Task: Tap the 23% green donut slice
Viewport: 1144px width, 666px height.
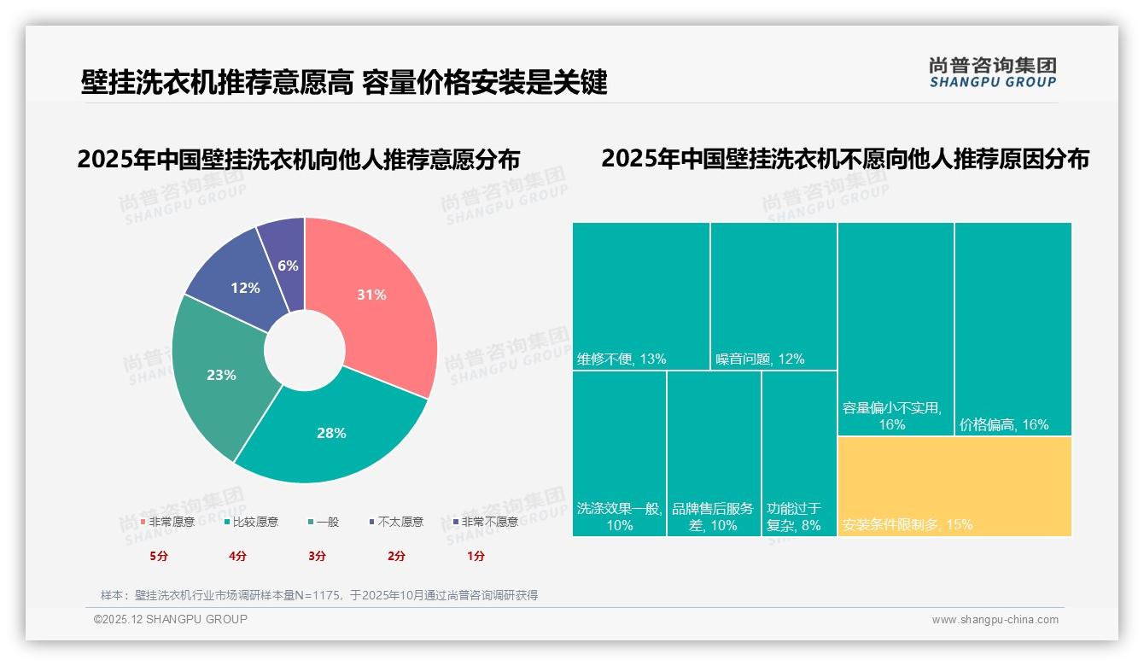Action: [x=221, y=375]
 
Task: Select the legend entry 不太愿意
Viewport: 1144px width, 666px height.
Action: [x=400, y=522]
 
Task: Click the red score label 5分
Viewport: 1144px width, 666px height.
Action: [x=159, y=556]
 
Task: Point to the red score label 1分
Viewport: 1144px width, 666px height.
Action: [x=476, y=556]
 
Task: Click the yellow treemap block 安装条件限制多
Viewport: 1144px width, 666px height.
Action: [x=954, y=486]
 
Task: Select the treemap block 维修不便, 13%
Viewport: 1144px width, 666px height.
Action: [x=640, y=295]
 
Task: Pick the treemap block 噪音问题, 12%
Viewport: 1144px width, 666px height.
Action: [x=773, y=295]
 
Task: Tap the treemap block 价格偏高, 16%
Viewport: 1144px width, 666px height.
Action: [x=1013, y=329]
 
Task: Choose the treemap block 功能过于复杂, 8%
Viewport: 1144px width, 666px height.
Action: [x=798, y=453]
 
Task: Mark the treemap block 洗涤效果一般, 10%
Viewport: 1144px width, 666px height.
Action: [x=619, y=453]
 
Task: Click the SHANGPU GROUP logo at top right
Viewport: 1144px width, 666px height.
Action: [x=992, y=73]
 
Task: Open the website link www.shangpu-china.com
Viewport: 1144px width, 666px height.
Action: [x=995, y=620]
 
